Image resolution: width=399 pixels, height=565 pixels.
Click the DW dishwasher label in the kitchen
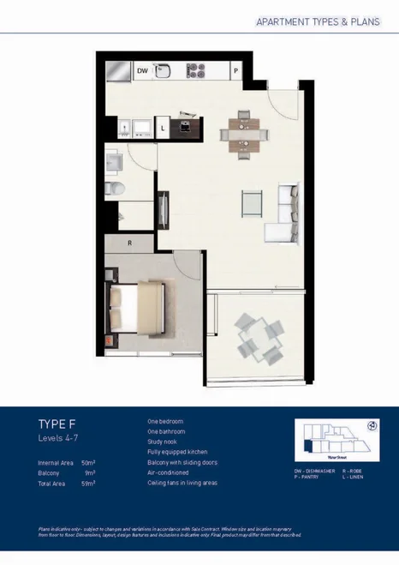click(x=143, y=71)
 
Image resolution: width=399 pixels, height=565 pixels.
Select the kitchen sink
click(x=166, y=71)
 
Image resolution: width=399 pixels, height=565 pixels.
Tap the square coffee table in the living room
click(x=251, y=202)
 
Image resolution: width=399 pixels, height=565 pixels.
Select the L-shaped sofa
click(x=283, y=214)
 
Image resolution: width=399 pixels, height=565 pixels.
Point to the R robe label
click(x=128, y=243)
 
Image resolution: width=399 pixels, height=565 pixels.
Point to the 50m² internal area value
click(x=87, y=463)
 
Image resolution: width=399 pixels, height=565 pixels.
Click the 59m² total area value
click(x=87, y=484)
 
